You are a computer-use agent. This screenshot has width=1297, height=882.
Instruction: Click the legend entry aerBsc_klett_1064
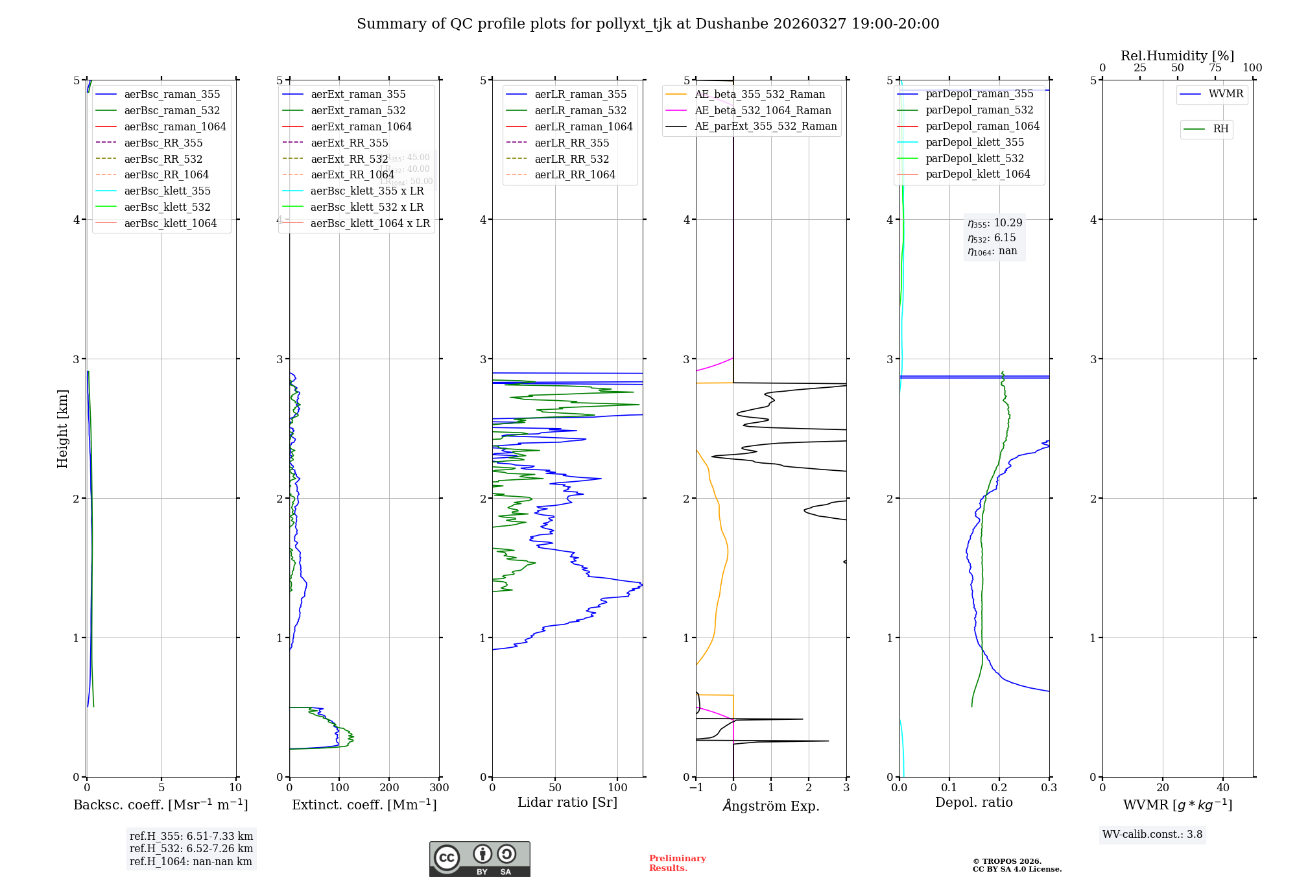point(170,223)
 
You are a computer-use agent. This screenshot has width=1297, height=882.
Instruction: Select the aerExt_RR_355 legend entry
point(349,143)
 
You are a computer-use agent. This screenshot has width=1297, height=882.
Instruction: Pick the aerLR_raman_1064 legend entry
point(583,126)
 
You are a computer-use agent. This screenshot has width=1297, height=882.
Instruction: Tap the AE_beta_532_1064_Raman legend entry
point(763,110)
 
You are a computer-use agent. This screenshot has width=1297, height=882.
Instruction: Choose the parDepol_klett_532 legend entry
point(974,158)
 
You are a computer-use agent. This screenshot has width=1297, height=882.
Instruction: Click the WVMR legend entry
point(1225,94)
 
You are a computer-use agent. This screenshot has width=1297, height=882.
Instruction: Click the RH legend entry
point(1220,129)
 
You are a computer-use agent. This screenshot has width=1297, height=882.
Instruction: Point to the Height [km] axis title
point(62,428)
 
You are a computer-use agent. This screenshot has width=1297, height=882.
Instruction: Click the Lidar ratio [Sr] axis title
point(567,802)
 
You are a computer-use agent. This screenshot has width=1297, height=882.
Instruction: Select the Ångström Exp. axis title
point(771,805)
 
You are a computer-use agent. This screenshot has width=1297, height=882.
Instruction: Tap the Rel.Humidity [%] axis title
point(1177,56)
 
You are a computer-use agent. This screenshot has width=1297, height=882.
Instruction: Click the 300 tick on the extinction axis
point(439,787)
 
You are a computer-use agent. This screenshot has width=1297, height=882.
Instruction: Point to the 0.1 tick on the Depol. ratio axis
point(949,787)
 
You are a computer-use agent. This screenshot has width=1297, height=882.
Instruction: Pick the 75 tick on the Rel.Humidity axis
point(1215,68)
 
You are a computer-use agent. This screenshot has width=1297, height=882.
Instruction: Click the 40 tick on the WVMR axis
point(1223,787)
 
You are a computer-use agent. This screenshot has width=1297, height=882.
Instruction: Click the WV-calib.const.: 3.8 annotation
point(1152,834)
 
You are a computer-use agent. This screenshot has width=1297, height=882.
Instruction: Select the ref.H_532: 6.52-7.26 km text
point(191,848)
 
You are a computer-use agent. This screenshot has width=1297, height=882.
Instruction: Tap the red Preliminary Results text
point(677,863)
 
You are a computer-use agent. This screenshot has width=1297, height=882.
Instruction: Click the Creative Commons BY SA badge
point(479,859)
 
